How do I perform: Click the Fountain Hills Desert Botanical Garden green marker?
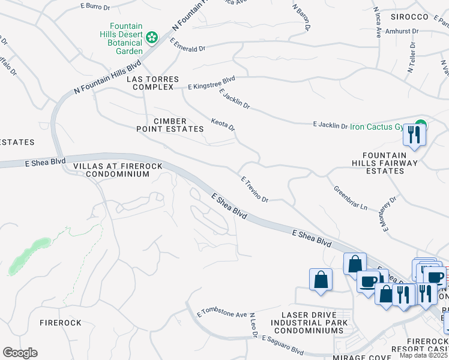coord(152,38)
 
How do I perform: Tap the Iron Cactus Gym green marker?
coord(421,126)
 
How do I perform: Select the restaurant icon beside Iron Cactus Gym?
coord(414,134)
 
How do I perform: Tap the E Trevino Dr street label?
coord(254,189)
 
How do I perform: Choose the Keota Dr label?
coord(223,125)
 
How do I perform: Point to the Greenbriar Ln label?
coord(350,197)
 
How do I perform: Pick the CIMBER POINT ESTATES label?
coord(170,125)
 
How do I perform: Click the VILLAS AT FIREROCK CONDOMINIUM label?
coord(109,169)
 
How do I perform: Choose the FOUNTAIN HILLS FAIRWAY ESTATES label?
coord(385,162)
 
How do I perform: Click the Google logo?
coord(20,353)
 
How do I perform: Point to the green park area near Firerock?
coord(29,256)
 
